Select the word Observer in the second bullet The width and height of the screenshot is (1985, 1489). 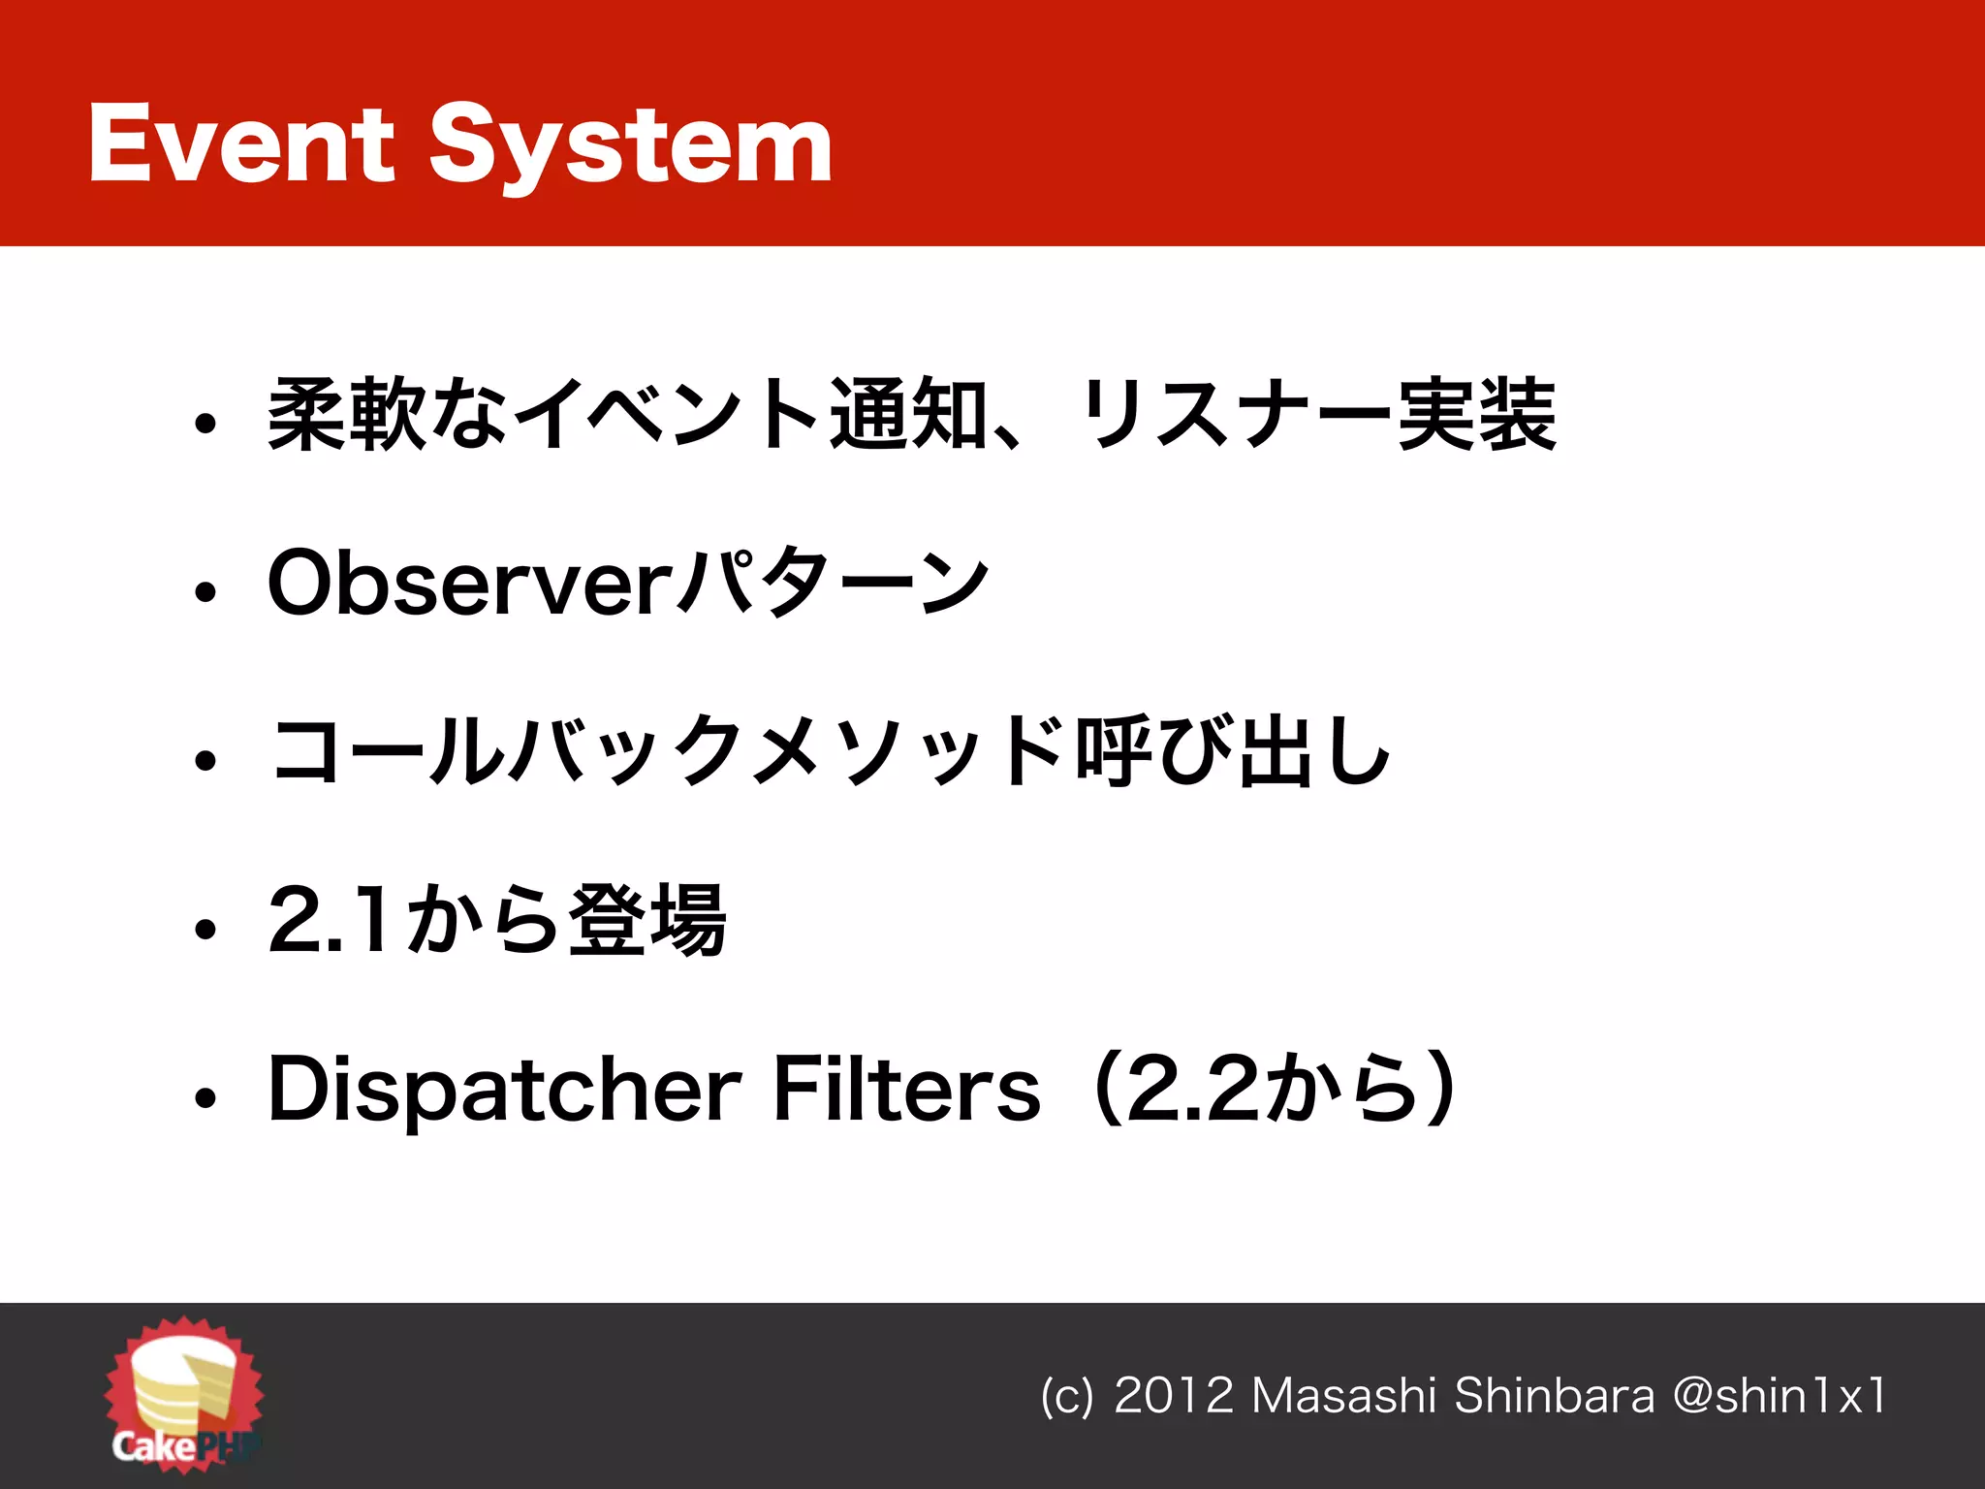click(x=469, y=583)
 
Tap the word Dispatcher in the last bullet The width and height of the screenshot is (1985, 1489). click(x=504, y=1091)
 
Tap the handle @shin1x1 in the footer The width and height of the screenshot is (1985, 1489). click(x=1780, y=1396)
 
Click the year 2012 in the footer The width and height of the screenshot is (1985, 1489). click(x=1173, y=1396)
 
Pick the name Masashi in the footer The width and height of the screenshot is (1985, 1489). click(x=1343, y=1396)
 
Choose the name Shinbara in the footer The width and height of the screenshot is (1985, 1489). click(x=1555, y=1396)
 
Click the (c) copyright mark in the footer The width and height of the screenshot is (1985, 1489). click(x=1066, y=1397)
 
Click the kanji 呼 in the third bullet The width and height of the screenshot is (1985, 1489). click(x=1113, y=751)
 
